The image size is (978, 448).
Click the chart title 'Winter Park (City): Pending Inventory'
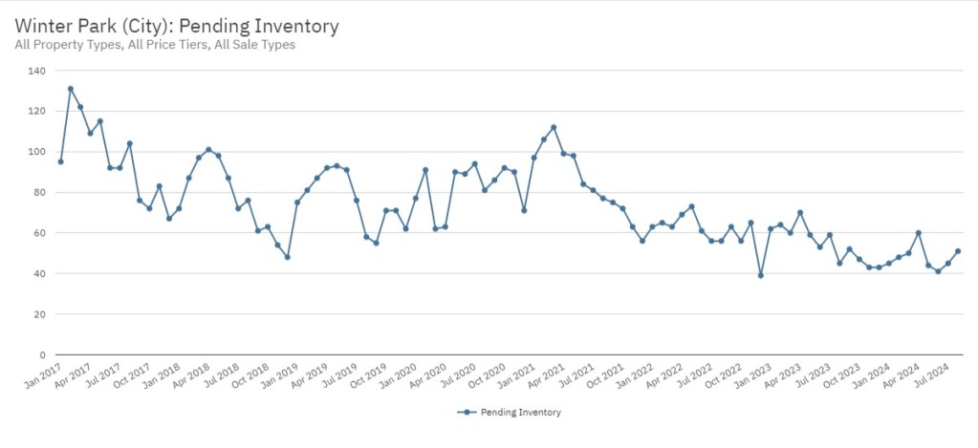tap(177, 26)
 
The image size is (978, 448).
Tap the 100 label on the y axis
tap(36, 152)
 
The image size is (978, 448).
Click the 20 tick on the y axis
tap(39, 314)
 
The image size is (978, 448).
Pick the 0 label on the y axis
tap(42, 354)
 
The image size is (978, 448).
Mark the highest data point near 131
tap(71, 89)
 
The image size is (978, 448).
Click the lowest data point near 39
tap(760, 275)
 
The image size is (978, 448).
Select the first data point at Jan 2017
tap(60, 161)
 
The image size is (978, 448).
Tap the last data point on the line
tap(958, 251)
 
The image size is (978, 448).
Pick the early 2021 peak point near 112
tap(554, 127)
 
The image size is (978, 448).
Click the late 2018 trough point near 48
tap(287, 257)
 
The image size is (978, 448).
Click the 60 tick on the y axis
tap(39, 233)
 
